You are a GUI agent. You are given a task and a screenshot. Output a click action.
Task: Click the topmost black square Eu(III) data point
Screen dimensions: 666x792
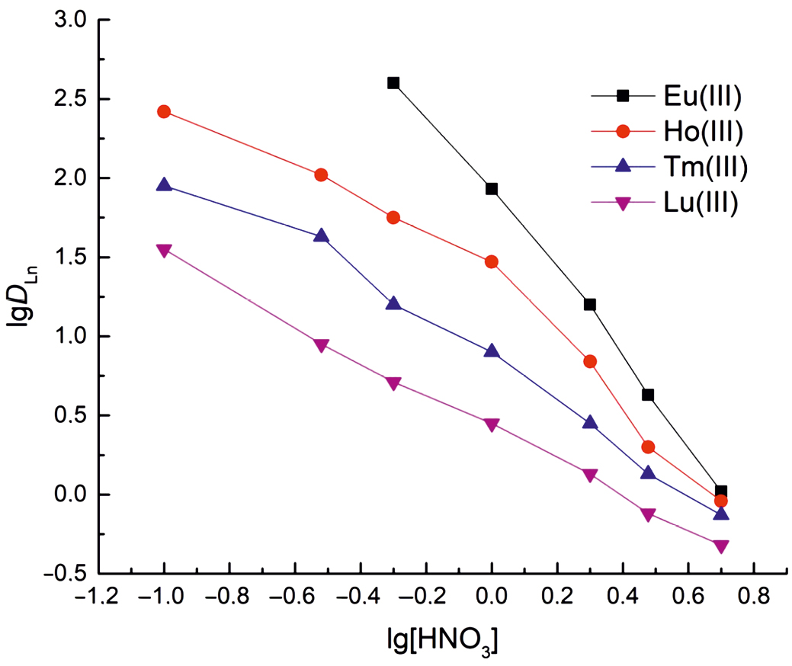[393, 83]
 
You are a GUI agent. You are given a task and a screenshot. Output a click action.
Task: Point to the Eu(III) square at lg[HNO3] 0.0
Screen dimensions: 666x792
[492, 189]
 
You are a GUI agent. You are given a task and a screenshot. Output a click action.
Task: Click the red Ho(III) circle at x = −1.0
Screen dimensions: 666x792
[164, 112]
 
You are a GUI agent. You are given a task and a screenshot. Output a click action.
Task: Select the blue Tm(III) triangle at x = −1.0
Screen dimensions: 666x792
[164, 185]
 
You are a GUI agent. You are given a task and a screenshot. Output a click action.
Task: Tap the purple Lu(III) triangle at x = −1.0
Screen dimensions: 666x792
[164, 250]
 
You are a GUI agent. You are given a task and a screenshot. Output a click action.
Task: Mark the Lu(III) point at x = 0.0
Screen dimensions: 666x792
[492, 424]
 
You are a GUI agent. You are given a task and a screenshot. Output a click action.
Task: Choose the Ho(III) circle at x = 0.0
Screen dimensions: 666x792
[492, 262]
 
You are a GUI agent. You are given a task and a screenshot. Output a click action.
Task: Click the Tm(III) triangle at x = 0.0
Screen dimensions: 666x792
[492, 351]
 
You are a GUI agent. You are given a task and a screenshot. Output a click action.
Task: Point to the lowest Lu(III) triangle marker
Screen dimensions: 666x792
[721, 546]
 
